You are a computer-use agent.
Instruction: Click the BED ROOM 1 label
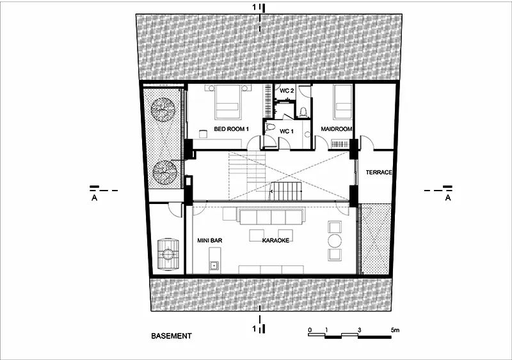(231, 129)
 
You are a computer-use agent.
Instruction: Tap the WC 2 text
(286, 91)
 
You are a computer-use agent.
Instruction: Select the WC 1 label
(286, 131)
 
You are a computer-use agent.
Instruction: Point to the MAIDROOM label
(337, 129)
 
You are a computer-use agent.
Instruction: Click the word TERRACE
(379, 172)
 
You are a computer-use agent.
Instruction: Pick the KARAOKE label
(276, 240)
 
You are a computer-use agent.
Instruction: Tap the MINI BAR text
(210, 240)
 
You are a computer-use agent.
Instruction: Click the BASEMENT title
(172, 336)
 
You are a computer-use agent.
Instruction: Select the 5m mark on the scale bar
(395, 330)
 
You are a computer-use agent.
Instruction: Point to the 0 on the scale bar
(310, 330)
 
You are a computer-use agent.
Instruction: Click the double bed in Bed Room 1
(228, 102)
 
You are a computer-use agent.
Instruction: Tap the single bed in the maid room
(342, 102)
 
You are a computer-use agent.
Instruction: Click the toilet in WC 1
(270, 126)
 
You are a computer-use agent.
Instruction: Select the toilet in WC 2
(303, 112)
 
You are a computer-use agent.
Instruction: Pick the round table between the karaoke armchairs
(335, 241)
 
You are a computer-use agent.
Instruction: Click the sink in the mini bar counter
(214, 265)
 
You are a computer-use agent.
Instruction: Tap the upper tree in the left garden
(163, 110)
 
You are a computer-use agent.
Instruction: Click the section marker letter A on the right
(448, 198)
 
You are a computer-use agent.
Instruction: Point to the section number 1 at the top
(255, 7)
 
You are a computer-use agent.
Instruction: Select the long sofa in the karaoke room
(271, 217)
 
